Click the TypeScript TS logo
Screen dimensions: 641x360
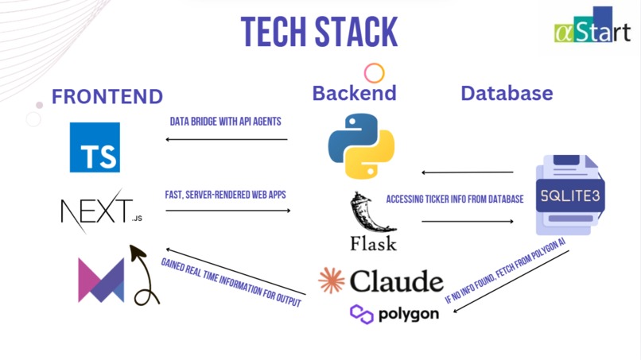point(95,147)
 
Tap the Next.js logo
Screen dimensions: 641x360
point(101,211)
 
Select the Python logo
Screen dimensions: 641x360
point(361,146)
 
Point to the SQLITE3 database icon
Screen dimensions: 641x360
point(570,195)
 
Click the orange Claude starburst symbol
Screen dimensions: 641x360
point(332,281)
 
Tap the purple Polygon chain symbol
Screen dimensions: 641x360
point(362,314)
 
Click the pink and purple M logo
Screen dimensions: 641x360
point(101,281)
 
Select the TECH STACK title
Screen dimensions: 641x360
point(319,32)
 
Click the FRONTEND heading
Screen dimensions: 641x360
point(107,96)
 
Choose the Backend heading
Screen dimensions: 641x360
point(355,93)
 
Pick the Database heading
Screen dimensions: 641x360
point(507,93)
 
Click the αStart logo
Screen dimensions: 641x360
point(592,25)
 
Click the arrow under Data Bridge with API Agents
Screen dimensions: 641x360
point(227,139)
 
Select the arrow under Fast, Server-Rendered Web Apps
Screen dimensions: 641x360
point(228,211)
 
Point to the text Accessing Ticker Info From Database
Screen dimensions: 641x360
point(455,199)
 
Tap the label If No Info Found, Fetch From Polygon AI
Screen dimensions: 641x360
point(505,270)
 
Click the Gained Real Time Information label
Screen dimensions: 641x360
point(231,282)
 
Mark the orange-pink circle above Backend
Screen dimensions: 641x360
point(374,73)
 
